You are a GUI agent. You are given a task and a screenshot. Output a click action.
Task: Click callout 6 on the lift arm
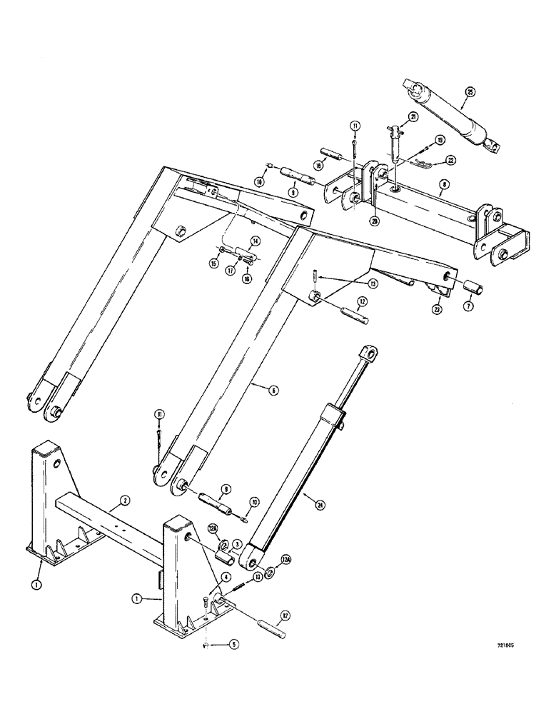[273, 390]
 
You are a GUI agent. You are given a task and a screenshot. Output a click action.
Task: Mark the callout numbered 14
[253, 242]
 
